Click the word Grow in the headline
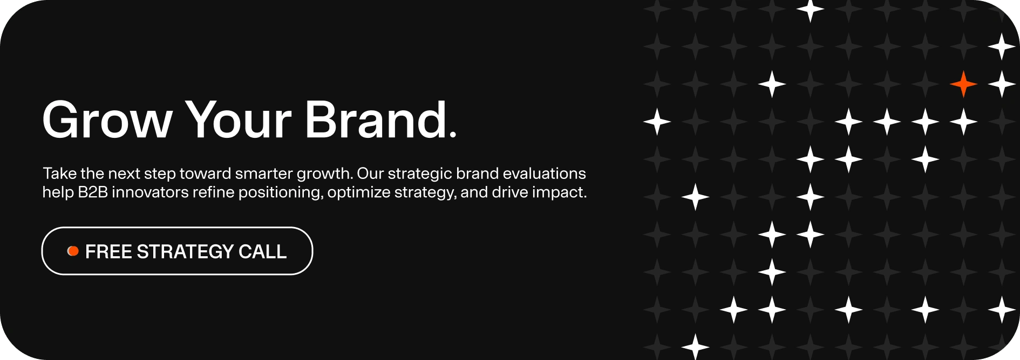107,119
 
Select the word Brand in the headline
376,118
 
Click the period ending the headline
452,134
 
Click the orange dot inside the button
73,251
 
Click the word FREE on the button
108,251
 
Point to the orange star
963,84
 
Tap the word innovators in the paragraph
150,192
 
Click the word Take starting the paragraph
59,173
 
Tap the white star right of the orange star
1002,84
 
